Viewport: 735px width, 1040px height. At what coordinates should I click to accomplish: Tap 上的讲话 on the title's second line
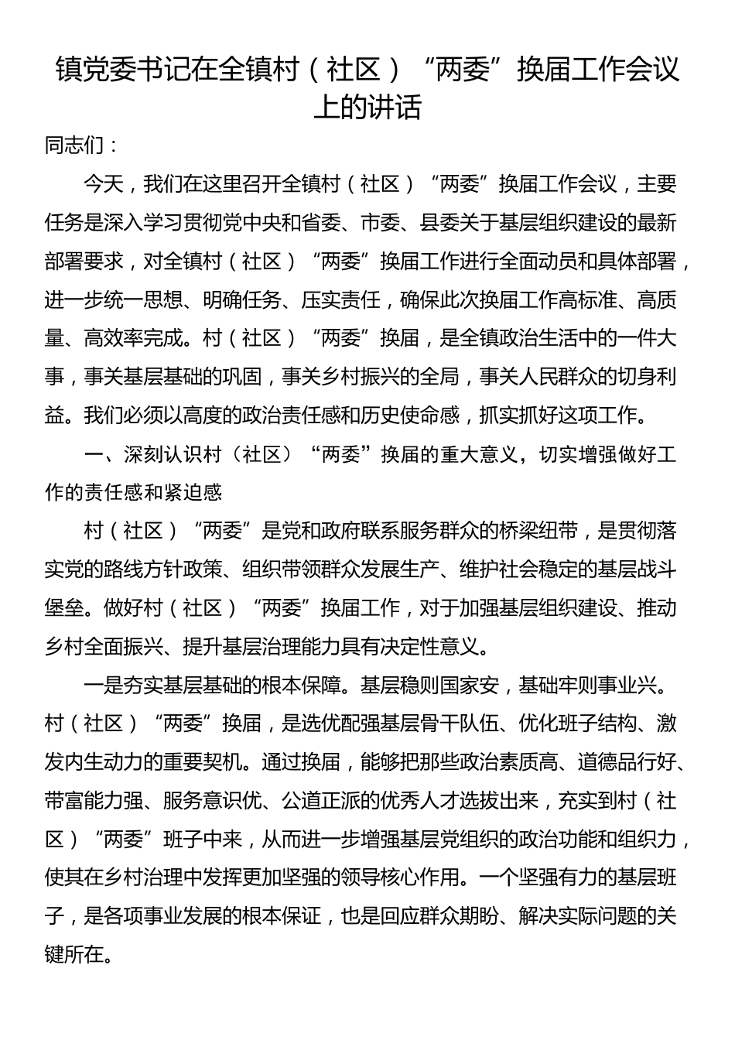point(367,108)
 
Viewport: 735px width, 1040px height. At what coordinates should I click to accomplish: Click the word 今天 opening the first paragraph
point(103,184)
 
